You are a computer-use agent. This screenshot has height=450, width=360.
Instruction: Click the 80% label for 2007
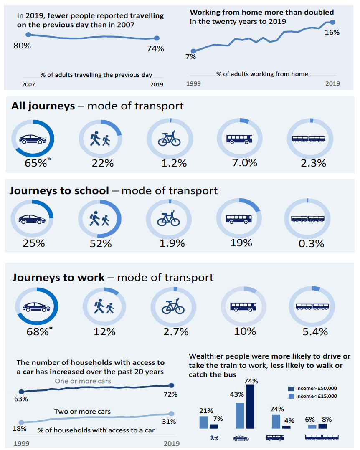pyautogui.click(x=22, y=46)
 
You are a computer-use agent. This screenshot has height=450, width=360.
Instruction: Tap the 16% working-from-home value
pyautogui.click(x=332, y=32)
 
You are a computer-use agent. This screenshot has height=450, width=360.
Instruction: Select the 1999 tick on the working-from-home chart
pyautogui.click(x=193, y=83)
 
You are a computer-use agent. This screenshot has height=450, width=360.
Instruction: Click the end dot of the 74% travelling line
pyautogui.click(x=157, y=38)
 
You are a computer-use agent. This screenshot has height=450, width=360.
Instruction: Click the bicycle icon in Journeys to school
pyautogui.click(x=168, y=219)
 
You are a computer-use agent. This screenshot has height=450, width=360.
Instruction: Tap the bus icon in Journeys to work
pyautogui.click(x=243, y=306)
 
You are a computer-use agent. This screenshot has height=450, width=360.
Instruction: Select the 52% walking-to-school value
pyautogui.click(x=101, y=243)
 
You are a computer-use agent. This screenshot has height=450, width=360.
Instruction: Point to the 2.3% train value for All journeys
pyautogui.click(x=313, y=163)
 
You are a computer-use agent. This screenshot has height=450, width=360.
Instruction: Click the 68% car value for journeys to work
pyautogui.click(x=37, y=332)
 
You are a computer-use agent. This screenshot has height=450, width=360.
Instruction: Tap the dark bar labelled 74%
pyautogui.click(x=251, y=407)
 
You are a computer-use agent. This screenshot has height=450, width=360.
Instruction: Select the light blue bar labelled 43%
pyautogui.click(x=240, y=415)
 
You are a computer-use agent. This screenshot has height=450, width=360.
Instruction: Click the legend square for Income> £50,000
pyautogui.click(x=291, y=388)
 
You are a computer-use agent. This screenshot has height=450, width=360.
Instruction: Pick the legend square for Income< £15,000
pyautogui.click(x=291, y=396)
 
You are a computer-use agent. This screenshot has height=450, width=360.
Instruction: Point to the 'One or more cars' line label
pyautogui.click(x=83, y=381)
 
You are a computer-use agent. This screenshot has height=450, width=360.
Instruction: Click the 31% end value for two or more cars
pyautogui.click(x=169, y=422)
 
